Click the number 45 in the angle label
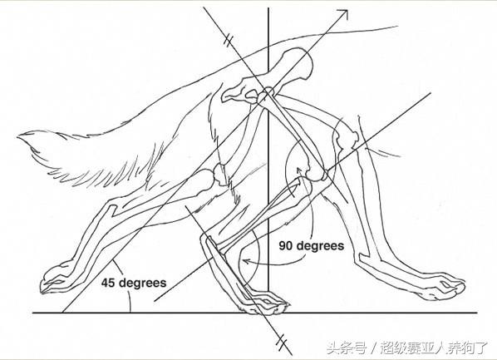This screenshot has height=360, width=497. click(108, 283)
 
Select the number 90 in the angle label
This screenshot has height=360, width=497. click(286, 245)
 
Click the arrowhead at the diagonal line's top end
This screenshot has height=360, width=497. click(344, 14)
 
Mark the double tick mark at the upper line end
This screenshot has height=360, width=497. click(229, 40)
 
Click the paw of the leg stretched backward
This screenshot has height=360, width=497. click(56, 279)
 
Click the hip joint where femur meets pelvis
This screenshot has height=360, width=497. click(266, 94)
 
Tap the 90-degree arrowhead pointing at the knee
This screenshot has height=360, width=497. click(298, 170)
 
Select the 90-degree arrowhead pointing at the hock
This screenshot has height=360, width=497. click(246, 261)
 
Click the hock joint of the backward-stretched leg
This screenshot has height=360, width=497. click(111, 210)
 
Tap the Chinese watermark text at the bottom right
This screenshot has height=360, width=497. click(407, 348)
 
